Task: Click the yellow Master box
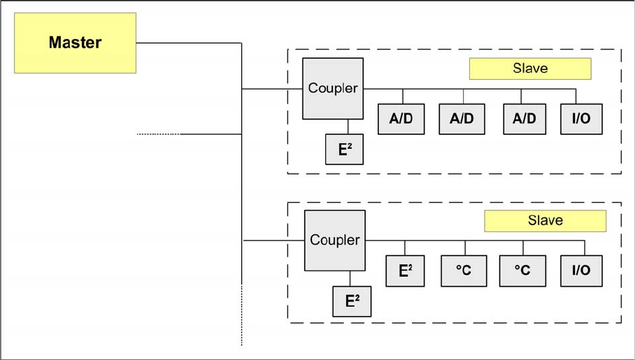(x=75, y=43)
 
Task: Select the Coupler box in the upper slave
(x=333, y=89)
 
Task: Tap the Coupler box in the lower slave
(x=334, y=240)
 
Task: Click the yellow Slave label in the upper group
(x=529, y=69)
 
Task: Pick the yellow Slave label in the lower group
(x=545, y=221)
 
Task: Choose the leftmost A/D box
(x=401, y=119)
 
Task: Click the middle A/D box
(x=462, y=119)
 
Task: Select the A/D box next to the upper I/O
(x=524, y=119)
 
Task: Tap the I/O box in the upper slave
(x=581, y=119)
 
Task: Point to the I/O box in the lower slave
(x=581, y=271)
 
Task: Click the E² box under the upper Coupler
(x=344, y=150)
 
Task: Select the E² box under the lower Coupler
(x=352, y=301)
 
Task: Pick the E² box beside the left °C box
(x=405, y=271)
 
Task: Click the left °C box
(x=464, y=271)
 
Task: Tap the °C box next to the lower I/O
(x=522, y=271)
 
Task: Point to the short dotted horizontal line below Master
(x=159, y=134)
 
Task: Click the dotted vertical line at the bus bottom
(x=242, y=315)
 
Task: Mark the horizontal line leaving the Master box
(x=189, y=43)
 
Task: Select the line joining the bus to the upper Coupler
(x=272, y=89)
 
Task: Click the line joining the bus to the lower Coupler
(x=273, y=240)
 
